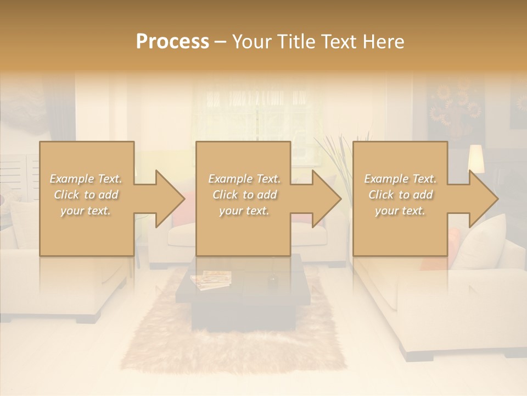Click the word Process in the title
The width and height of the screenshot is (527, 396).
click(x=172, y=42)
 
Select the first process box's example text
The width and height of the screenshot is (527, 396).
click(x=86, y=195)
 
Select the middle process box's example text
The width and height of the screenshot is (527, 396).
click(x=244, y=195)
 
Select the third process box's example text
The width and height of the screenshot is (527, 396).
click(x=400, y=195)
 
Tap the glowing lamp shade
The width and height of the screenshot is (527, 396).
click(x=475, y=159)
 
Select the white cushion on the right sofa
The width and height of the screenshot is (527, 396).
click(x=483, y=242)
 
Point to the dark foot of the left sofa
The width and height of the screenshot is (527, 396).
click(x=88, y=318)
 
